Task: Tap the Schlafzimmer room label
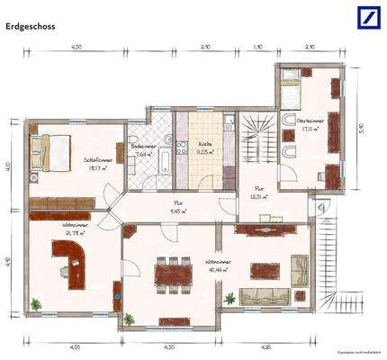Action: [x=96, y=163]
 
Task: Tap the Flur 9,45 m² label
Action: [x=178, y=208]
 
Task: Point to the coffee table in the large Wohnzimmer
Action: [x=265, y=269]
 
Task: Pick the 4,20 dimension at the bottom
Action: [x=266, y=346]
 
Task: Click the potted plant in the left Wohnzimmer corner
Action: [x=37, y=302]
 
